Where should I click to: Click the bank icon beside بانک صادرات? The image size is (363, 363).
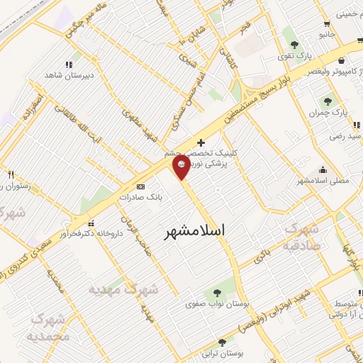(140, 187)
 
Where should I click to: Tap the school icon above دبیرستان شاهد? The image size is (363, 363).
(69, 64)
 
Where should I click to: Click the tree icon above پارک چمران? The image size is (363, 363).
(328, 101)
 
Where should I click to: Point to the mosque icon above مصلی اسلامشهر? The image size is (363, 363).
(324, 169)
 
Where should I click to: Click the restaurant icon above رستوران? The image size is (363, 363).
(11, 174)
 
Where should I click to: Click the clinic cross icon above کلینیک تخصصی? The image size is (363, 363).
(201, 143)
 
